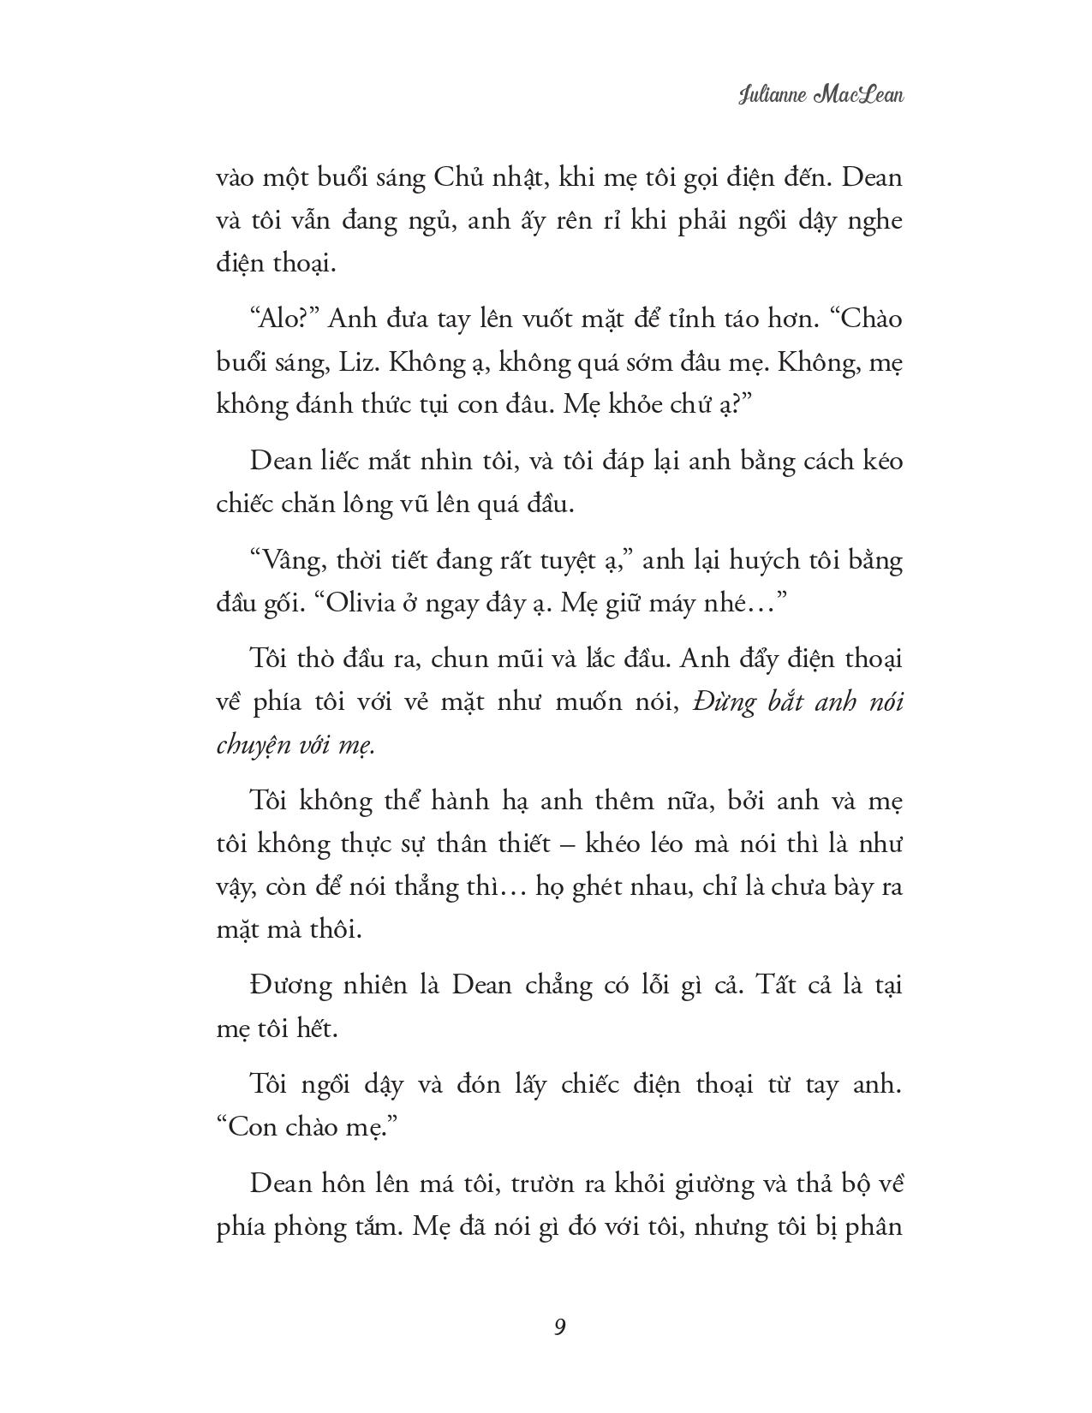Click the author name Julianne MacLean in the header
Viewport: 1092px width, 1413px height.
point(820,93)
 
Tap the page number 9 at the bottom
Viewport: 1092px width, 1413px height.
point(558,1327)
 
